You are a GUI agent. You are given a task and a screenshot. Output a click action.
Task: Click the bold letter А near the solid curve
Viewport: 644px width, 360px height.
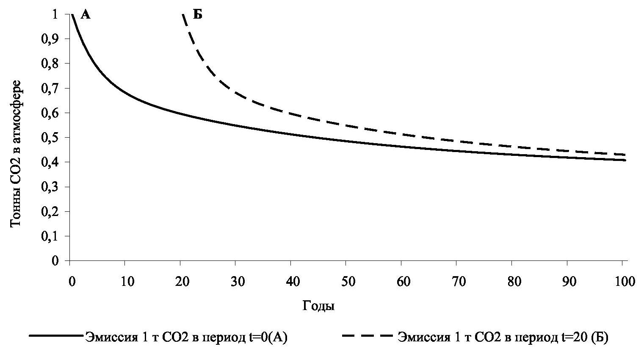pos(86,15)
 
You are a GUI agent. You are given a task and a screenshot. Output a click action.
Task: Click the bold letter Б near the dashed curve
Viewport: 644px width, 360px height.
pos(198,15)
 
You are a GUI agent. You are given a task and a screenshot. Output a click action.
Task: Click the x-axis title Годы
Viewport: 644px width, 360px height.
pos(318,306)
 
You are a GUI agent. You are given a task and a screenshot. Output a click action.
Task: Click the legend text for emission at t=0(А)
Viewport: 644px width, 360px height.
pos(187,338)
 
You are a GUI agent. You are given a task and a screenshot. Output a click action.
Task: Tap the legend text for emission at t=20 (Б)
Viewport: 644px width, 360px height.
pos(503,338)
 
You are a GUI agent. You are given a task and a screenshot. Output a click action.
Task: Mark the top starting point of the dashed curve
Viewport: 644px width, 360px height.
pos(183,15)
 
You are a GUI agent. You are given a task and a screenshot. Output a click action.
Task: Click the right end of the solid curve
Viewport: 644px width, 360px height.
pos(625,160)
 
